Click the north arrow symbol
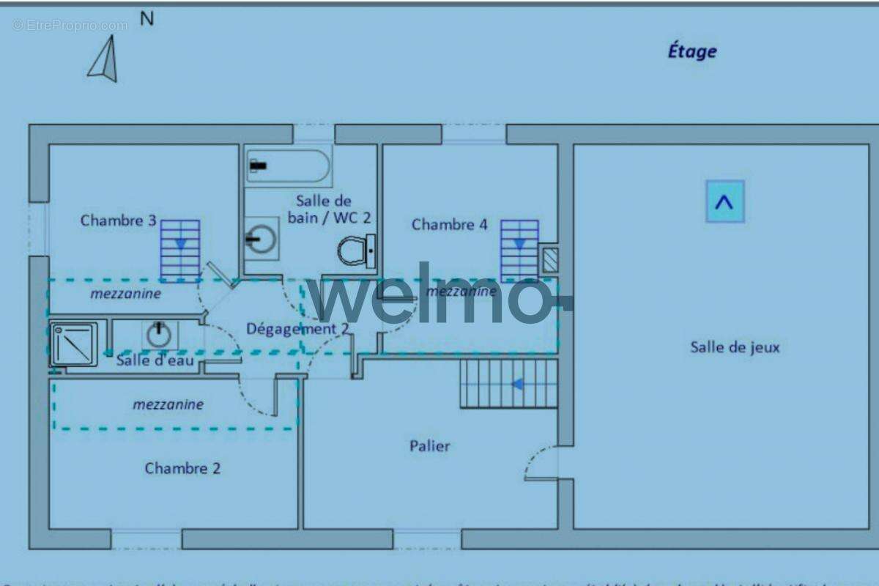click(x=105, y=59)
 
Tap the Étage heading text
click(x=691, y=51)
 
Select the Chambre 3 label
click(x=119, y=220)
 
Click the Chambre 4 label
click(x=449, y=224)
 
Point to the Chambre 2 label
click(x=182, y=468)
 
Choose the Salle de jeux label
click(x=735, y=347)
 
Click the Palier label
click(x=429, y=445)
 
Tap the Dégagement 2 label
click(x=297, y=329)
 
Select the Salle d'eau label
click(x=155, y=360)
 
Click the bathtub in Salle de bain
click(x=289, y=166)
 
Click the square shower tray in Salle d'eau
click(x=73, y=344)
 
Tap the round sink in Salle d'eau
click(x=159, y=335)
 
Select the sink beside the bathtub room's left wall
click(x=261, y=238)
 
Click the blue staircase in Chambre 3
click(x=180, y=251)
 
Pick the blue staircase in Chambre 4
click(x=519, y=250)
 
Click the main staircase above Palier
click(x=508, y=383)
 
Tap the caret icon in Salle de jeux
click(x=724, y=201)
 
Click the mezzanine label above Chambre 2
click(x=168, y=404)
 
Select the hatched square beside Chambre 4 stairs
click(x=549, y=260)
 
